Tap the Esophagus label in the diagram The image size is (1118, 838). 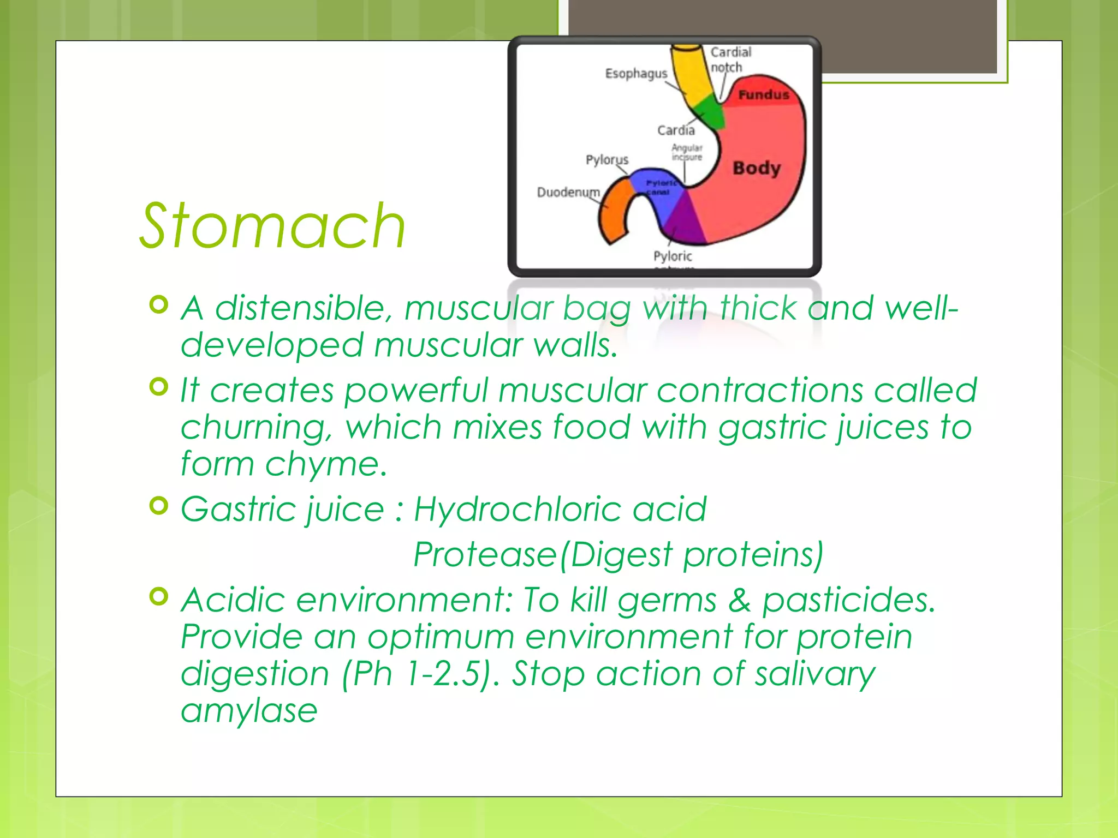635,73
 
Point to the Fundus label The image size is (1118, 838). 763,95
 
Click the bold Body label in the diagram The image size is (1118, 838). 757,167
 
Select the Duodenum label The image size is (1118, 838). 568,192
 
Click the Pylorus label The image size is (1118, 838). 606,159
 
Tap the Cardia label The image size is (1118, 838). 676,130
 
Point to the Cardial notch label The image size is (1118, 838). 730,59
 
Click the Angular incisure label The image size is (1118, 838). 687,152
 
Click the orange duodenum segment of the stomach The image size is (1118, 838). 614,213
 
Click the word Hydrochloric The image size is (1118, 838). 517,509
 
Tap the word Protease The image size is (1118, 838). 485,555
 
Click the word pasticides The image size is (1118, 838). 848,601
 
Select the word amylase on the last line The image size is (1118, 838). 249,710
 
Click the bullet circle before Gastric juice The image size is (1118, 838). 158,506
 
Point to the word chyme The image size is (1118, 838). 325,465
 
